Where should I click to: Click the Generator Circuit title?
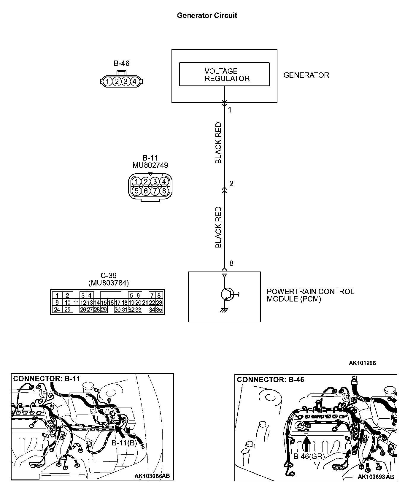point(207,15)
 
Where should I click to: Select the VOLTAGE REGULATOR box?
point(224,74)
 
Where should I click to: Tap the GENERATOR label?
point(306,75)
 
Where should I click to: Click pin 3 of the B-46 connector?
point(126,81)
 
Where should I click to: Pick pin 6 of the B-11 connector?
point(145,191)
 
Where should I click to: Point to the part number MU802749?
point(150,165)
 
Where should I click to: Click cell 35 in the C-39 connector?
point(159,310)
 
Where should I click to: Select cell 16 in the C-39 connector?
point(111,303)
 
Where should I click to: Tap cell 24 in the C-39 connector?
point(57,310)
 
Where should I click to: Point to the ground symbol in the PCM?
point(224,310)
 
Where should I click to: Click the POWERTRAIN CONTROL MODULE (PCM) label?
point(310,295)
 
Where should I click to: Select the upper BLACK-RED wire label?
point(218,143)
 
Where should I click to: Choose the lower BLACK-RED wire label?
point(218,227)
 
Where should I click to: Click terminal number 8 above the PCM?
point(231,263)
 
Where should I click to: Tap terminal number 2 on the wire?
point(231,184)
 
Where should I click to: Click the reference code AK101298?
point(362,363)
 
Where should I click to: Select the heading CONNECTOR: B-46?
point(271,380)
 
